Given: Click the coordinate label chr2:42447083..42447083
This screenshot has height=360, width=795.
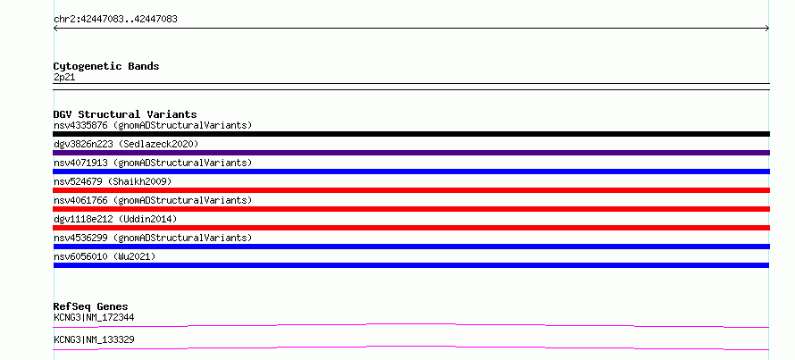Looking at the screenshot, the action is coord(115,20).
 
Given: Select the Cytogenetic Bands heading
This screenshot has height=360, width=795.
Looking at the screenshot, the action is coord(106,66).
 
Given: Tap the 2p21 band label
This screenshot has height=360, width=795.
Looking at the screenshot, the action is coord(64,78).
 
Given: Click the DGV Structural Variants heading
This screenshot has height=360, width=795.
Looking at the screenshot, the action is coord(125,114).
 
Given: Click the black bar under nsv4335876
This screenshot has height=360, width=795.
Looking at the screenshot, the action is coord(411,134).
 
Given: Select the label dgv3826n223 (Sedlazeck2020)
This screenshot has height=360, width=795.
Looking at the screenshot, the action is coord(126,144).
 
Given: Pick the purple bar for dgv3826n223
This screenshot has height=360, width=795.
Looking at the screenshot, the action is coord(411,153).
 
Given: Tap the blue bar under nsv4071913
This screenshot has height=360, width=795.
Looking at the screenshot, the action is coord(411,172).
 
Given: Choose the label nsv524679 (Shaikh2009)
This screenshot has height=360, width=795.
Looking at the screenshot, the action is coord(113,181).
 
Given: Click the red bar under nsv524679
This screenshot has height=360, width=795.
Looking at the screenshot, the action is coord(411,190).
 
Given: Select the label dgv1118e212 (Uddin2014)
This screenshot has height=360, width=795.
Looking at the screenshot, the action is coord(115,219).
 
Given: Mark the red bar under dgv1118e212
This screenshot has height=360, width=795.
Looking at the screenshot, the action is coord(411,228).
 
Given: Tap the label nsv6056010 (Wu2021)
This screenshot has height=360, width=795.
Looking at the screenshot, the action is coord(105,256).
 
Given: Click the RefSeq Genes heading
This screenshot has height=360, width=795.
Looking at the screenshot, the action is coord(91,306).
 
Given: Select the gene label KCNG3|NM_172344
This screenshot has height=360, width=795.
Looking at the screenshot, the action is coord(94,318).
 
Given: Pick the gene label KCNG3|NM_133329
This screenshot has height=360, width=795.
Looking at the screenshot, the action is coord(94,339).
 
